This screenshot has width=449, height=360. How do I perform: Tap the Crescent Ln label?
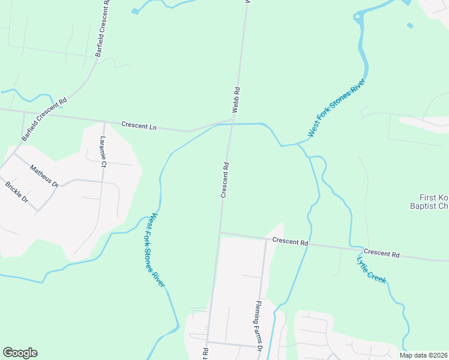(x=139, y=125)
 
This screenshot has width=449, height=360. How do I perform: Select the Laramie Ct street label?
(x=103, y=152)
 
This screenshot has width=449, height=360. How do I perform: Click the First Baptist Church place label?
(x=433, y=202)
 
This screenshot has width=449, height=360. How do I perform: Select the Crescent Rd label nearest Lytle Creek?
(x=381, y=254)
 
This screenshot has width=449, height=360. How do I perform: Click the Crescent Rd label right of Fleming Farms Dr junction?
(x=290, y=242)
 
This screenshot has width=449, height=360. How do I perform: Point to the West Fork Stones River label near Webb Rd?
(x=337, y=108)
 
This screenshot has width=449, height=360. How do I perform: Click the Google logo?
(x=20, y=353)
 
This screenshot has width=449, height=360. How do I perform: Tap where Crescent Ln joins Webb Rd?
(x=232, y=119)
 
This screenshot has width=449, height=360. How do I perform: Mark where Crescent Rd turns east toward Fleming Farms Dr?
(x=220, y=232)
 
